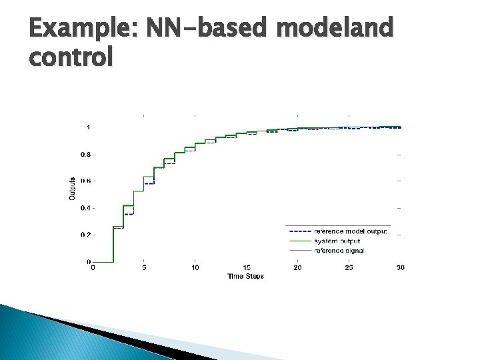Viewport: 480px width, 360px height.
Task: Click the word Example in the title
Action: click(81, 29)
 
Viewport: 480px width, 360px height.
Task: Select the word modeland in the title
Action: click(333, 29)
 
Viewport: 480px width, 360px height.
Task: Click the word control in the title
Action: click(71, 57)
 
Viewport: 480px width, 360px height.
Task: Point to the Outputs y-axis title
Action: click(72, 188)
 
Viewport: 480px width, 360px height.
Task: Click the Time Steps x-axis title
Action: click(245, 276)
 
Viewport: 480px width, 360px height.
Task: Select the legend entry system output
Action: click(337, 241)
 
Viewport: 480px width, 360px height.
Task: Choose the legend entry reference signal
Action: click(339, 250)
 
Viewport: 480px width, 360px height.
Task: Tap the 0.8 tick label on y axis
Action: click(85, 154)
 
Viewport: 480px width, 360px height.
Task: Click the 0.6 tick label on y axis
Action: click(85, 181)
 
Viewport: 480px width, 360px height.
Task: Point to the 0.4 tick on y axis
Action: click(85, 208)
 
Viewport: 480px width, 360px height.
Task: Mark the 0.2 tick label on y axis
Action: click(85, 235)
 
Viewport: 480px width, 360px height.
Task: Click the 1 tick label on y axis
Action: click(89, 127)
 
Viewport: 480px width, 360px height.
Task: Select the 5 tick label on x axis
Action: click(144, 268)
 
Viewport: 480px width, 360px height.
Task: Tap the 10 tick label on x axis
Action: click(195, 268)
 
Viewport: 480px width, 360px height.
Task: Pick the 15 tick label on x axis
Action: click(247, 268)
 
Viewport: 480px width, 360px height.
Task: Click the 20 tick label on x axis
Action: click(297, 268)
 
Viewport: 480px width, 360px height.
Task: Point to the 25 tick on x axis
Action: click(349, 268)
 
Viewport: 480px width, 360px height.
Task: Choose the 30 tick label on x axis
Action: click(400, 268)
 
